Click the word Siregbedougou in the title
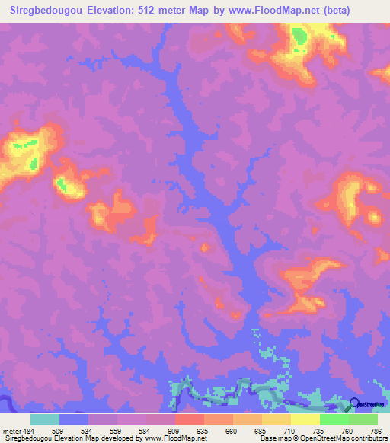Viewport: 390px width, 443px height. click(x=47, y=11)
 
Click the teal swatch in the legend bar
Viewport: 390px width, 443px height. click(x=45, y=419)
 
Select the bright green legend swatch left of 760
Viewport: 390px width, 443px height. click(x=334, y=419)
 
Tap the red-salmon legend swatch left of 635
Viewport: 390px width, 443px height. click(x=189, y=419)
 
